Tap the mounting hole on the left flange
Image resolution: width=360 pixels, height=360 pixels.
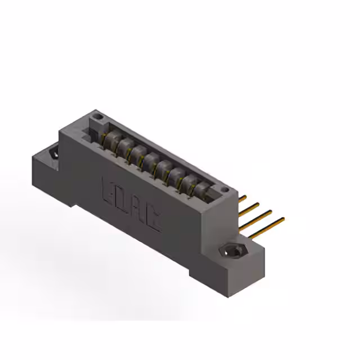coord(55,152)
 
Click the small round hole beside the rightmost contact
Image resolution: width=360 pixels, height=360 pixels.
coord(224,191)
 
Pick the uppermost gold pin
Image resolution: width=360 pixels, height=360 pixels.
coord(242,198)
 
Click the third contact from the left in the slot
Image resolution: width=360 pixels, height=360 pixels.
coord(137,152)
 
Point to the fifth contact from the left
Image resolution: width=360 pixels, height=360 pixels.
coord(164,166)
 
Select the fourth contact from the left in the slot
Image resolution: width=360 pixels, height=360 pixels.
coord(150,160)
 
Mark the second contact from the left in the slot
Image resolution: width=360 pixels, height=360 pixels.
coord(124,146)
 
